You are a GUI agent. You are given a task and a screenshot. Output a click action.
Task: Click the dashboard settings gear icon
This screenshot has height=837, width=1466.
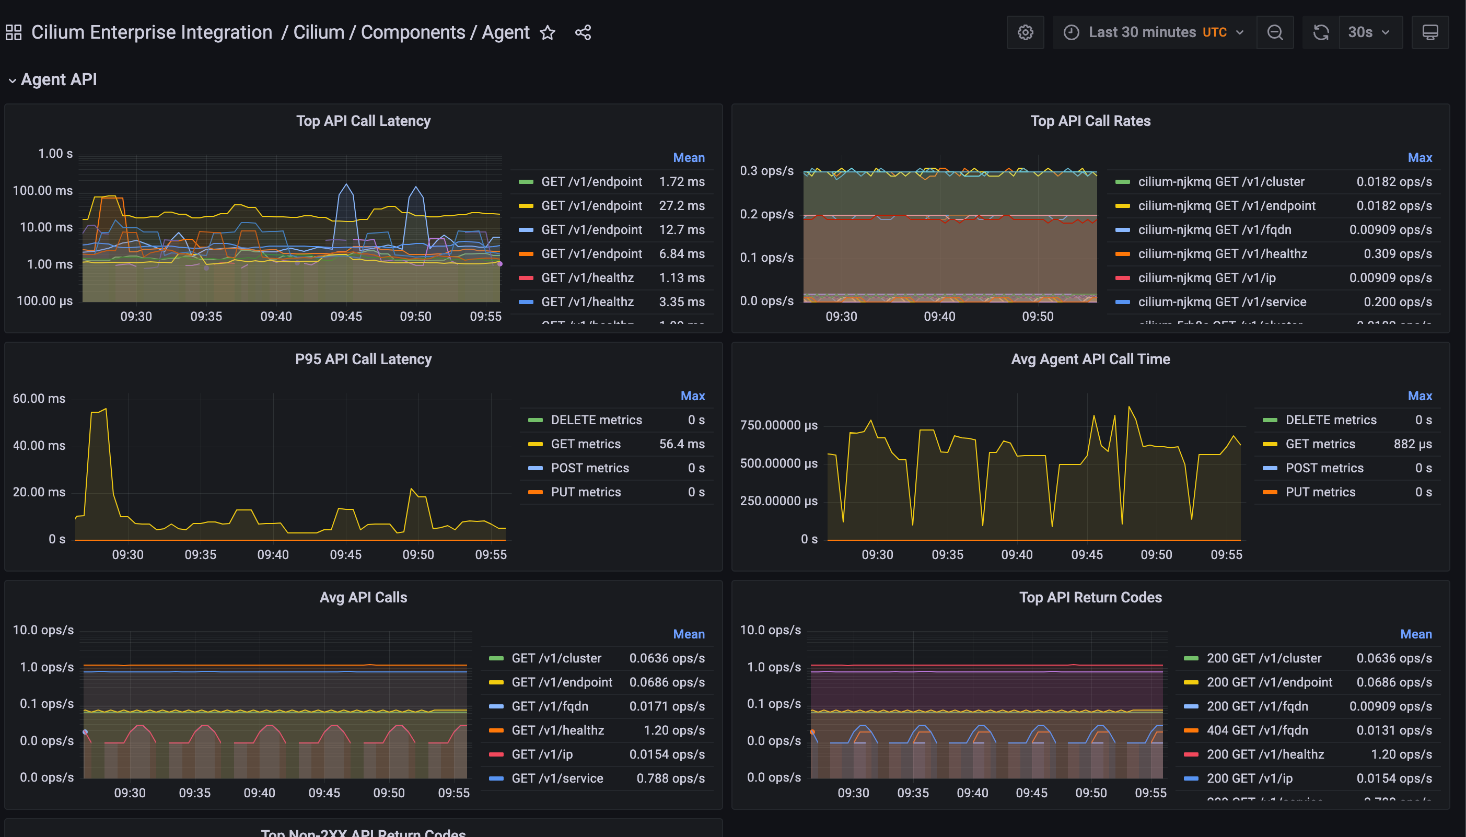click(x=1025, y=32)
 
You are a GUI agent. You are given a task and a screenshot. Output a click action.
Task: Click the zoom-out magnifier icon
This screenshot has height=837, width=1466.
click(x=1274, y=32)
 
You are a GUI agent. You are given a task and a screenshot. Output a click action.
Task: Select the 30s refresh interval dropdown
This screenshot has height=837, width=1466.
click(x=1369, y=32)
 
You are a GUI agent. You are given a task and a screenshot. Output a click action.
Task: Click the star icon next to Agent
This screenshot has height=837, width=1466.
click(x=547, y=33)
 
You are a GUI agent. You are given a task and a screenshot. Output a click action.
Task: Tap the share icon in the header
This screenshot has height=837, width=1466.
click(x=583, y=33)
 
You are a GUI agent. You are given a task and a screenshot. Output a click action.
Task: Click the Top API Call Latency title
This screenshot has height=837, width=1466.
click(x=363, y=121)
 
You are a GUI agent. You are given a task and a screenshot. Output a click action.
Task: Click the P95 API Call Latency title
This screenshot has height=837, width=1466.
click(x=363, y=359)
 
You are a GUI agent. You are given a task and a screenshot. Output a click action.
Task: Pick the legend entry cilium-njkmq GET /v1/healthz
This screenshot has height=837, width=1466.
click(x=1223, y=253)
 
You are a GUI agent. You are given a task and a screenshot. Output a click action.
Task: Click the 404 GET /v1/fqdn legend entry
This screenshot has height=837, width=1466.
click(x=1257, y=730)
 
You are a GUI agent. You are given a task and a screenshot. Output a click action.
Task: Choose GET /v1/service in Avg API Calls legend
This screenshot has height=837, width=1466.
click(x=557, y=778)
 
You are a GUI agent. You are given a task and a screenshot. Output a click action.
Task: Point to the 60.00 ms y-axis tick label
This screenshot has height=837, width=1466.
click(x=39, y=398)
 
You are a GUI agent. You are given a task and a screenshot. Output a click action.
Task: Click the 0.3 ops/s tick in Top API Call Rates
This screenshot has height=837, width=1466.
click(x=766, y=171)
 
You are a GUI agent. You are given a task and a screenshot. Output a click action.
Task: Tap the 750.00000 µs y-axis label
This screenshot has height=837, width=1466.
click(x=778, y=425)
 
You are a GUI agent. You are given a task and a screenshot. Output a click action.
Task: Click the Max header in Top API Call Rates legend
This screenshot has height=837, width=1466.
click(x=1419, y=157)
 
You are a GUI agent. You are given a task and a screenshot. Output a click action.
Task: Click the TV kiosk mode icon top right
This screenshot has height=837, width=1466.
click(x=1430, y=32)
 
